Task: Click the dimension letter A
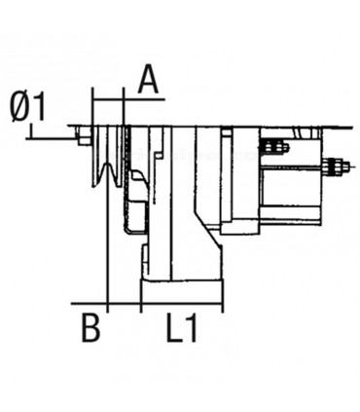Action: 147,78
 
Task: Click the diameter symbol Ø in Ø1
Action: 19,106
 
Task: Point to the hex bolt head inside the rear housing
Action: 276,148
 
